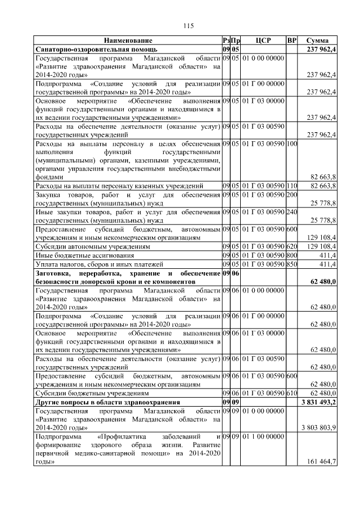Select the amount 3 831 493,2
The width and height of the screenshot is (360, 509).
pyautogui.click(x=319, y=402)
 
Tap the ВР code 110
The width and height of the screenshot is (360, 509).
pyautogui.click(x=291, y=185)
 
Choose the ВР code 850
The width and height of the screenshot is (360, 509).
pyautogui.click(x=291, y=263)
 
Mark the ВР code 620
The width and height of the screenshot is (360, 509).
pyautogui.click(x=291, y=246)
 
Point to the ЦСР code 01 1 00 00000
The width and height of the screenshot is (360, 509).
pyautogui.click(x=263, y=436)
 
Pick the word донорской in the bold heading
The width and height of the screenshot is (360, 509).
pyautogui.click(x=97, y=280)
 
